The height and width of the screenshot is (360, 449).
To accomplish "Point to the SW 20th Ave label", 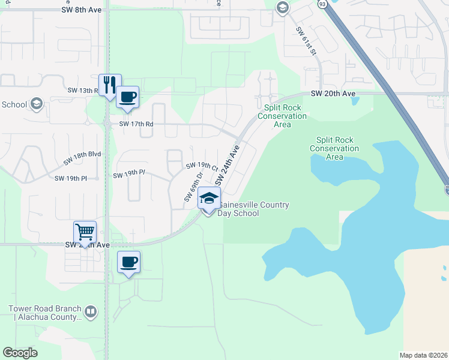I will click(x=333, y=94).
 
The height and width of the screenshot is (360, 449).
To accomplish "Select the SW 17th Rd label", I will click(x=136, y=124).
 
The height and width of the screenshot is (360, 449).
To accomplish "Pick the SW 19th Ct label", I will click(x=201, y=166).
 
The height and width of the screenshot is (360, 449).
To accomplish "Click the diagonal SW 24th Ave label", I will click(x=228, y=164).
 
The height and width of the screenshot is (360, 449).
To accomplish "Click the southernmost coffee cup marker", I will click(x=128, y=262).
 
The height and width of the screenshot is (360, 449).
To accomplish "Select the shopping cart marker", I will click(x=85, y=232).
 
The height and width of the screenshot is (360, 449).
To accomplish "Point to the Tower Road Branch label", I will click(x=44, y=313).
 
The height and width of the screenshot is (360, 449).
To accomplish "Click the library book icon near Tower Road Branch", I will click(x=90, y=311).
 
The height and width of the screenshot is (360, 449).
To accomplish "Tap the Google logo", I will click(x=20, y=353).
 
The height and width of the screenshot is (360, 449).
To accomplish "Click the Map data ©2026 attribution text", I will click(x=423, y=355).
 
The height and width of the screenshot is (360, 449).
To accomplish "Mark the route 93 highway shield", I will click(x=323, y=5).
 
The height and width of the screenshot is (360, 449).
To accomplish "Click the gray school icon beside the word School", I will click(x=36, y=104).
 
